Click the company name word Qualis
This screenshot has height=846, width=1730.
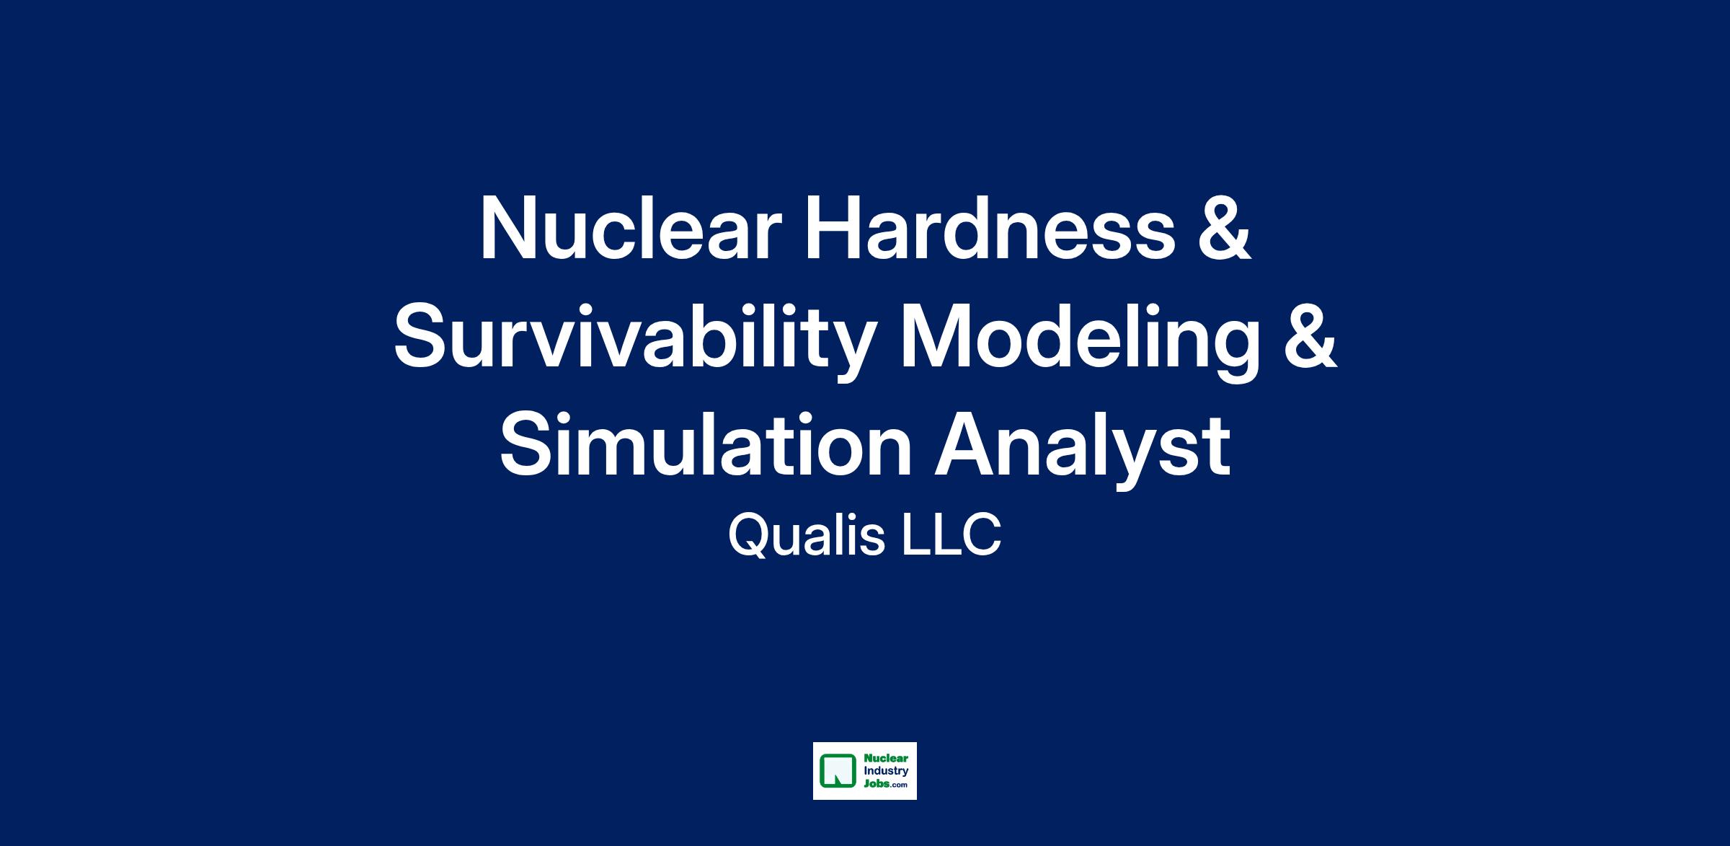click(807, 537)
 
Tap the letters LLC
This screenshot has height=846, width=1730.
click(951, 537)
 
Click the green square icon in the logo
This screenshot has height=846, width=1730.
click(837, 771)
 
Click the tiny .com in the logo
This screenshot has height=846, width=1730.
click(900, 786)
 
